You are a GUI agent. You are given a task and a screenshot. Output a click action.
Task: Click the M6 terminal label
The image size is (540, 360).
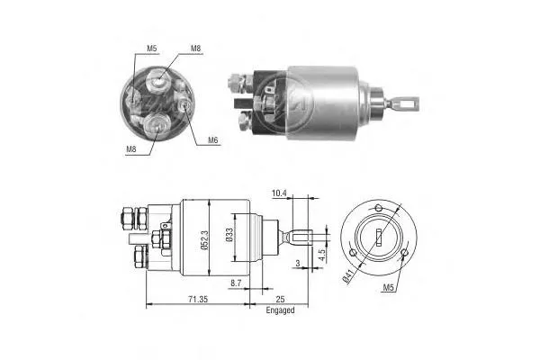click(x=212, y=139)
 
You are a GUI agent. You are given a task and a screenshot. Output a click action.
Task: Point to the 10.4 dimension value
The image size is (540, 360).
click(x=279, y=193)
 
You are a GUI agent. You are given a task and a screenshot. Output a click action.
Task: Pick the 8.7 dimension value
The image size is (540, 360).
click(x=235, y=283)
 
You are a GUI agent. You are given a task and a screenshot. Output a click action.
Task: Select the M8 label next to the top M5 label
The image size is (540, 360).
click(x=195, y=48)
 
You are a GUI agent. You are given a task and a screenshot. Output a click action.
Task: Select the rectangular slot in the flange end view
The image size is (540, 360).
click(x=380, y=238)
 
